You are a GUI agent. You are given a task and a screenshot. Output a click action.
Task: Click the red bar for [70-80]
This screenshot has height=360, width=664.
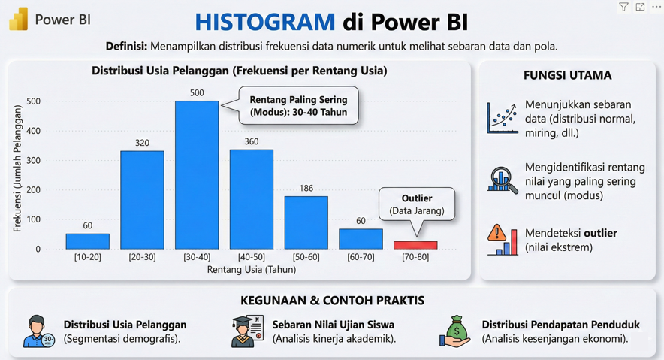point(415,245)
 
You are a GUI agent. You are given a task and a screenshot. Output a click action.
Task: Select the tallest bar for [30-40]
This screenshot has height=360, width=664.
point(197,175)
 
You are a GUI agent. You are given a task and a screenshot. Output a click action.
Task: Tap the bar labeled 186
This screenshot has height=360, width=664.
point(306,222)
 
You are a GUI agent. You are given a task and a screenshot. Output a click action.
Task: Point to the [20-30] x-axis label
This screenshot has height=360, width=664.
point(142,257)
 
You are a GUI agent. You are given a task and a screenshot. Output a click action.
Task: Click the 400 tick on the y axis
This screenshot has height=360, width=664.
point(34,131)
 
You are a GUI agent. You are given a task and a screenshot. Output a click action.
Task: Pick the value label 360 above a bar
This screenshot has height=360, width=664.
point(251,141)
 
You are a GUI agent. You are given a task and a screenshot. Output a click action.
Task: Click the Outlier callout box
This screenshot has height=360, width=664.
point(417,204)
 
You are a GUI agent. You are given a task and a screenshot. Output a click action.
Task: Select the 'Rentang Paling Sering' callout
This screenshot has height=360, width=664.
point(298,106)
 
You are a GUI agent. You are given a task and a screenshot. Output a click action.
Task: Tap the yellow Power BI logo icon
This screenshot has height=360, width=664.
point(18,20)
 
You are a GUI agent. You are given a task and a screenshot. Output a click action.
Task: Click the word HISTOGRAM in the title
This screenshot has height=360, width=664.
point(265,22)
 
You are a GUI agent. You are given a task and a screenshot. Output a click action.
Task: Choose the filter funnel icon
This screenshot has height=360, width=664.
point(623,7)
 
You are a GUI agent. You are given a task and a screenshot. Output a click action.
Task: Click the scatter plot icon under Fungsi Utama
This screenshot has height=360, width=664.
point(503,118)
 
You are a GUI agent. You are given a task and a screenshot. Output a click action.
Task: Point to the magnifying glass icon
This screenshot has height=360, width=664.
point(503,179)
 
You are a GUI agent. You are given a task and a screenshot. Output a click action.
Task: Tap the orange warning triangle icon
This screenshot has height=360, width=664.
point(496,232)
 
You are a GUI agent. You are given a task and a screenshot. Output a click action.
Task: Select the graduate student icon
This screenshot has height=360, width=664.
point(247,331)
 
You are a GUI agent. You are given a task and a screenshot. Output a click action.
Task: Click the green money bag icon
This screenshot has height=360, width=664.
point(455,331)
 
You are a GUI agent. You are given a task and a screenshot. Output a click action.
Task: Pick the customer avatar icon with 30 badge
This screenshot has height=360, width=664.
point(39,331)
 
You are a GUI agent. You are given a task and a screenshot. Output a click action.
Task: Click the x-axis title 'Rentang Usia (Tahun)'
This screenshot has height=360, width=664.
point(252,270)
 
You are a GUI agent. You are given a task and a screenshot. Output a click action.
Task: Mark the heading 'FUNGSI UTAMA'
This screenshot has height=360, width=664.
point(567,75)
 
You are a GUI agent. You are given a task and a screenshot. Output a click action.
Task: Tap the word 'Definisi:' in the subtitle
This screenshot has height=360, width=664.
point(126,46)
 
